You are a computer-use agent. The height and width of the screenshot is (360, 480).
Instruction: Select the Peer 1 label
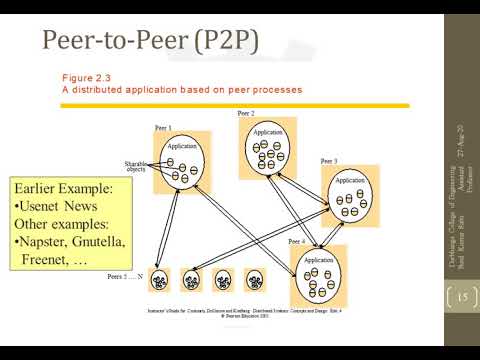pyautogui.click(x=162, y=128)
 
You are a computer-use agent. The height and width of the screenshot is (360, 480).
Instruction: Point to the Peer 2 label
pyautogui.click(x=246, y=113)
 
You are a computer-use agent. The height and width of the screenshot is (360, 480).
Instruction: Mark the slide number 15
pyautogui.click(x=462, y=297)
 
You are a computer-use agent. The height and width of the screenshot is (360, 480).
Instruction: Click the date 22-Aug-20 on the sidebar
pyautogui.click(x=461, y=142)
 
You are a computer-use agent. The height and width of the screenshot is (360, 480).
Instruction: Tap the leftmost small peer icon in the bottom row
pyautogui.click(x=159, y=279)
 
